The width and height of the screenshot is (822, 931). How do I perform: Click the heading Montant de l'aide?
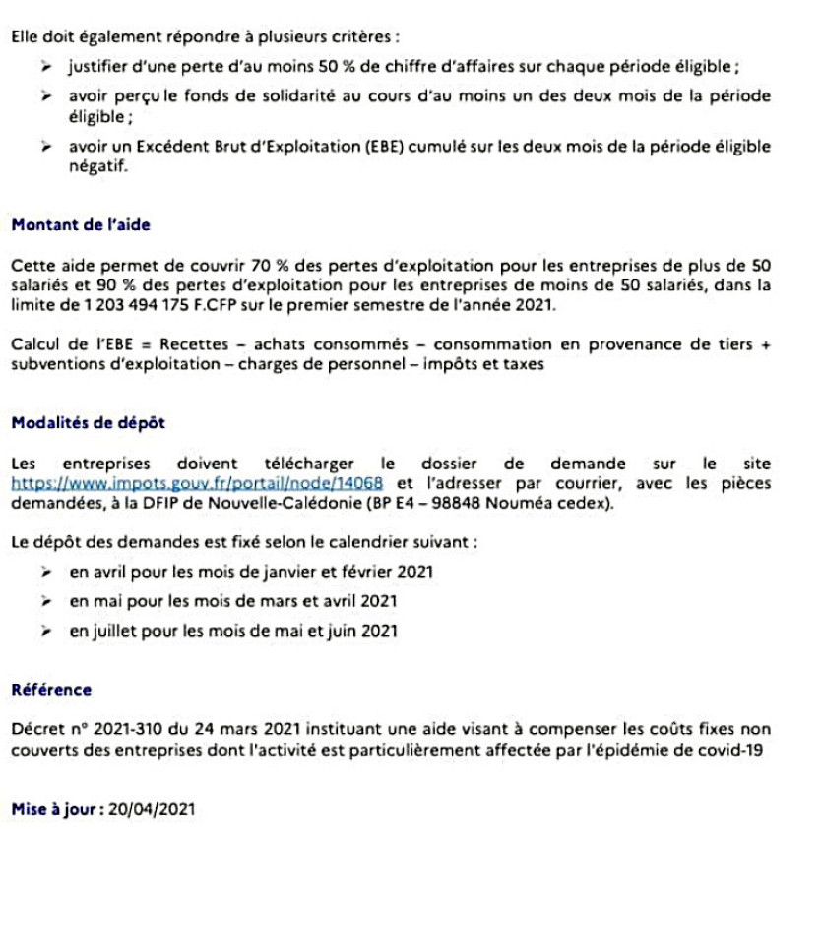tap(80, 224)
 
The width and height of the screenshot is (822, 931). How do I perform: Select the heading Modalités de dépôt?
tap(88, 423)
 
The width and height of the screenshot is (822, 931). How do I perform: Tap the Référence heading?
tap(51, 690)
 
